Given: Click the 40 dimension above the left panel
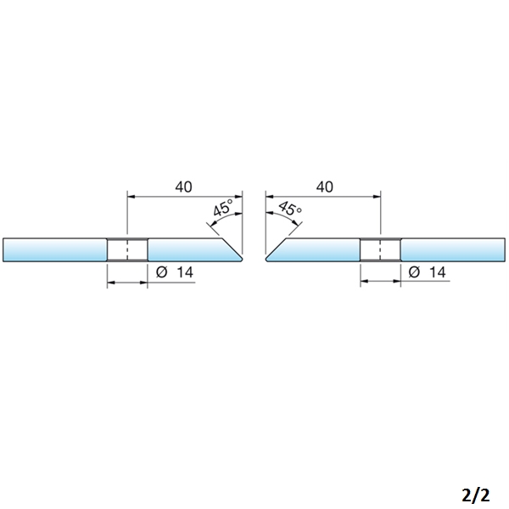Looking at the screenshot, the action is (x=184, y=187).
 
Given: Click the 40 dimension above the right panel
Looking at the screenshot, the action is (x=325, y=187).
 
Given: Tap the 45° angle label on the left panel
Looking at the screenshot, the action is (x=223, y=208).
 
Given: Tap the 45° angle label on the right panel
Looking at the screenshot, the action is (x=290, y=208).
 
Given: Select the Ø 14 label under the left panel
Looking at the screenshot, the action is (x=175, y=272).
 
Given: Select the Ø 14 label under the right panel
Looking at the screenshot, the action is (x=427, y=272).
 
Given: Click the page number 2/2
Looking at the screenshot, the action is (x=475, y=495).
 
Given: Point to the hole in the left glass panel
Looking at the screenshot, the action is (x=127, y=249).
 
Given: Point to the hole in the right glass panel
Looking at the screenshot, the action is (x=380, y=249).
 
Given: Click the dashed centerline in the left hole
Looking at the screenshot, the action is (x=127, y=249).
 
